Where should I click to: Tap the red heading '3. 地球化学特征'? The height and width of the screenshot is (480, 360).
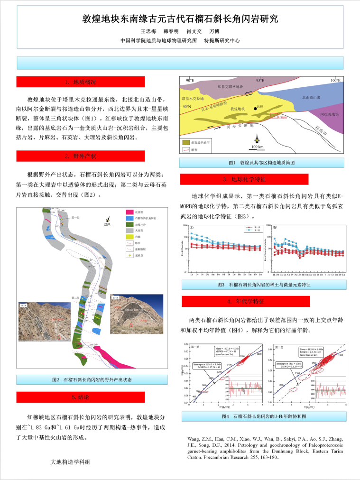click(x=244, y=179)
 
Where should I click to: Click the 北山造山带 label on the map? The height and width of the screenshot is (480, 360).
click(x=312, y=97)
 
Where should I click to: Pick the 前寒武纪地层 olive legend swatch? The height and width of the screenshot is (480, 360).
click(x=185, y=142)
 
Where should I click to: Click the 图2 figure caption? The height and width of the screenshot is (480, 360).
click(x=92, y=379)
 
